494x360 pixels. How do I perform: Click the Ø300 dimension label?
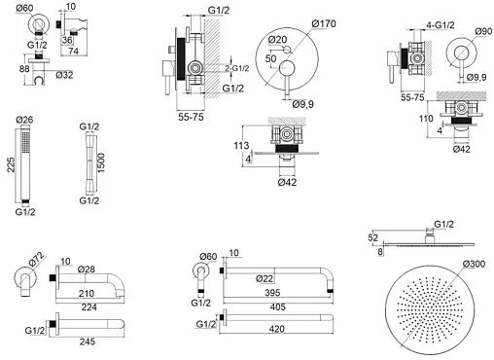point(474,264)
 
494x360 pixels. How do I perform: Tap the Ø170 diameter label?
point(324,23)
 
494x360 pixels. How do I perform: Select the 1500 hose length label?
point(101,162)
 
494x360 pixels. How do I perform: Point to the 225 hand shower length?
point(12,164)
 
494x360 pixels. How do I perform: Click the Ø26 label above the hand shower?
point(24,120)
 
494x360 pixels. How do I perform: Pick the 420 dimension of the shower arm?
point(276,329)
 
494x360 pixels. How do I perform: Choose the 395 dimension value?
point(272,293)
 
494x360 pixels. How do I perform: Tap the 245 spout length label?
point(88,342)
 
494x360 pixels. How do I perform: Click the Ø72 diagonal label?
point(36,260)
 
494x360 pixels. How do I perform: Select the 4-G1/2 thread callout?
point(441,25)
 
